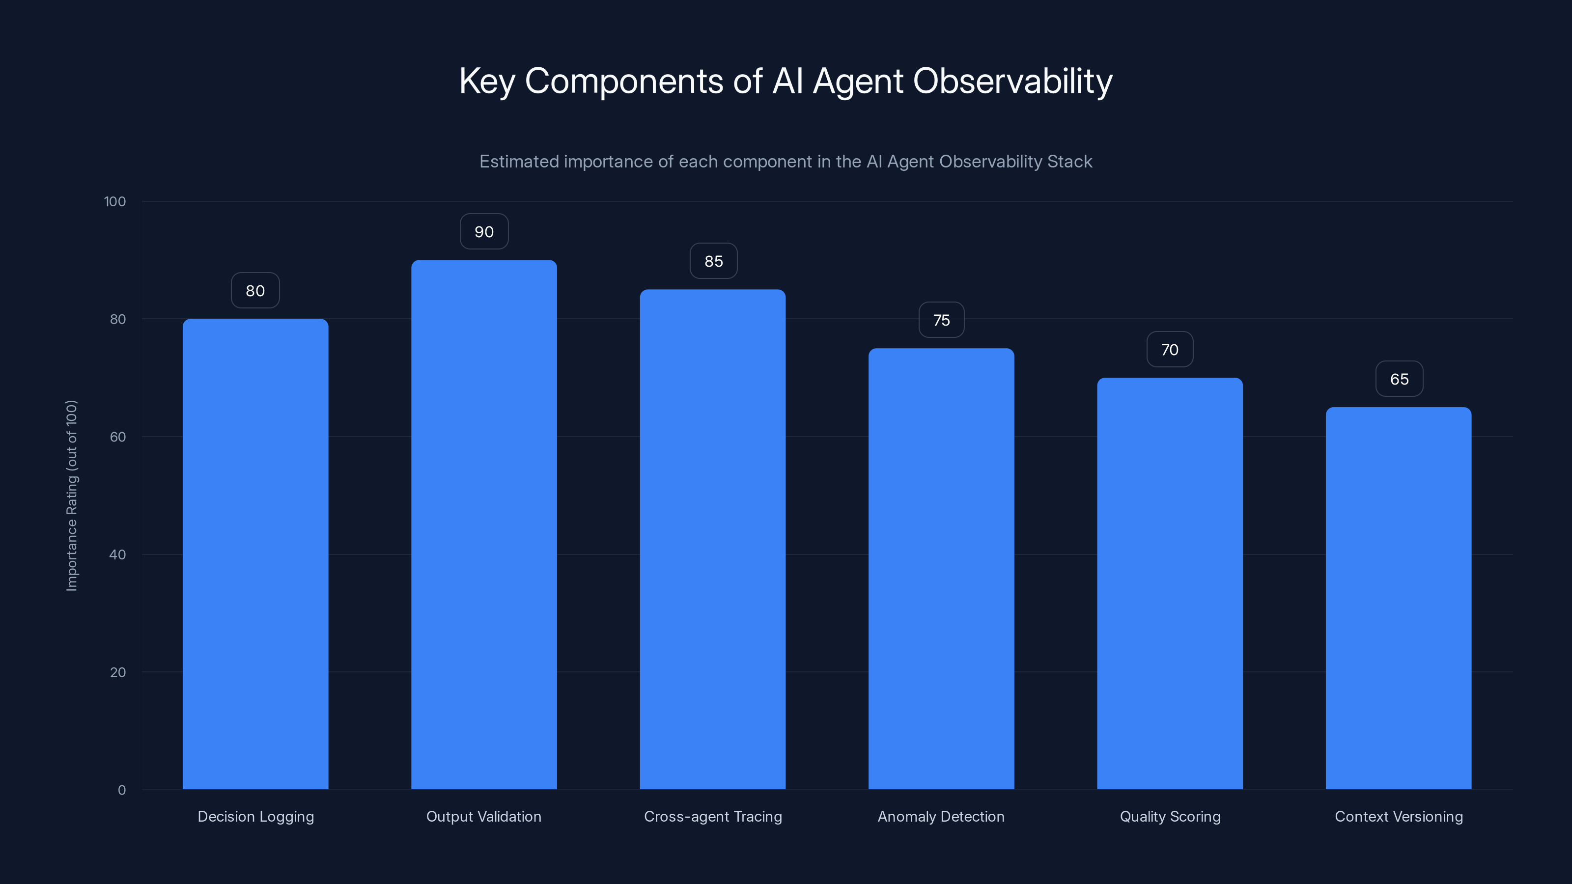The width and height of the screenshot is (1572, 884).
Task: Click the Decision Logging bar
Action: (255, 554)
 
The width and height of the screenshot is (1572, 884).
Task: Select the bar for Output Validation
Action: (484, 525)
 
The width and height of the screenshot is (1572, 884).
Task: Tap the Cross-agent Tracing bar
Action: (712, 539)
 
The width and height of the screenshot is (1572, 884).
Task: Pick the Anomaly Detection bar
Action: (941, 569)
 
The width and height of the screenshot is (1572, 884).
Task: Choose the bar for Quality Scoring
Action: (1170, 583)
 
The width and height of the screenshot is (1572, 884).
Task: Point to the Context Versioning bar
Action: (1398, 598)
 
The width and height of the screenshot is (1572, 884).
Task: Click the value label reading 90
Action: (484, 232)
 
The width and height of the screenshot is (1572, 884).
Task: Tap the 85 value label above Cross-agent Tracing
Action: (713, 261)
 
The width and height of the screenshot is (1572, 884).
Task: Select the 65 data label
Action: (1399, 379)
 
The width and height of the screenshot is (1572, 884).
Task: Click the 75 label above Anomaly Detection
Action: (942, 320)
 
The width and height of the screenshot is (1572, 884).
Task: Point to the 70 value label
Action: (1170, 350)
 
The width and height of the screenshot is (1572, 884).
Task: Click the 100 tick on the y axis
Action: (115, 201)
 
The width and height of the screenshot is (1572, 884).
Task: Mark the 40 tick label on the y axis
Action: (118, 554)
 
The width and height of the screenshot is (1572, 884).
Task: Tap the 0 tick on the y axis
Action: (121, 790)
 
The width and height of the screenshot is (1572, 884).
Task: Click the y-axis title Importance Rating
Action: (72, 496)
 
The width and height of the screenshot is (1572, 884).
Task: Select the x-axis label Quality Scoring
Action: (1170, 816)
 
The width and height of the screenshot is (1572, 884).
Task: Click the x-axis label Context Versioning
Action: (1399, 816)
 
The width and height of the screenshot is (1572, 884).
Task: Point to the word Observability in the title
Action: (1012, 81)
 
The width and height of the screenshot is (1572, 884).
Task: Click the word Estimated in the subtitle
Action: (519, 162)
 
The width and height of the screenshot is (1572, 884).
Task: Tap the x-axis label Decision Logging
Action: (255, 816)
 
